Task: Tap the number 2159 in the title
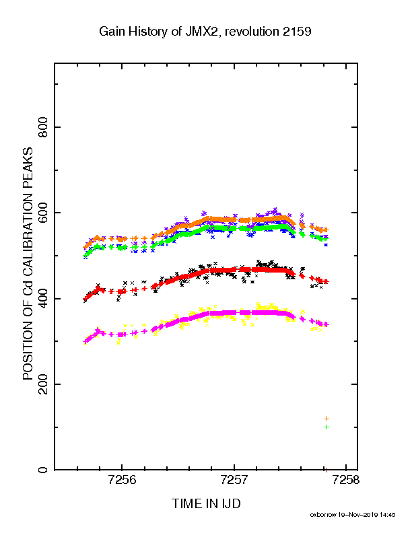tap(297, 31)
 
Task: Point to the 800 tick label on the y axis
tap(43, 127)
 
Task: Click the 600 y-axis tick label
tap(43, 213)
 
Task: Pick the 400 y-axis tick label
tap(43, 298)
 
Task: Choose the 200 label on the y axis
tap(43, 384)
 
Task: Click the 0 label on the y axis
tap(43, 470)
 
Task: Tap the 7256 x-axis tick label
tap(122, 481)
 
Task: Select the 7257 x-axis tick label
tap(234, 481)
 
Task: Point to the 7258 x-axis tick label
tap(346, 481)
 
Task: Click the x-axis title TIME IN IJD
tap(206, 504)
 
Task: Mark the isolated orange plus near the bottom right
tap(327, 419)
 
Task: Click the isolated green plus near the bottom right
tap(327, 427)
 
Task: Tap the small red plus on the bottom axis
tap(327, 470)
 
